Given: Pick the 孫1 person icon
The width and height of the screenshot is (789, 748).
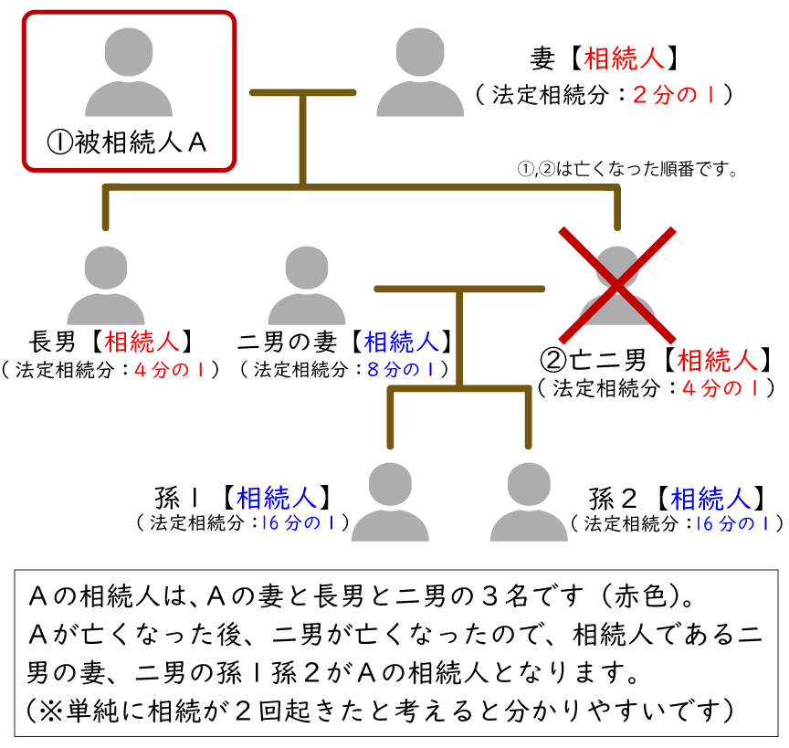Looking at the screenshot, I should [x=390, y=501].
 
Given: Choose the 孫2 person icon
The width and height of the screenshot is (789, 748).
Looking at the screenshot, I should [x=529, y=501].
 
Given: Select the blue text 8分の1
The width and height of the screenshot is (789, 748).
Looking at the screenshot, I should [x=407, y=370].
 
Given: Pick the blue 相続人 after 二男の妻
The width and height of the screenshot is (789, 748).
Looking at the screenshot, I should [x=402, y=342].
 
